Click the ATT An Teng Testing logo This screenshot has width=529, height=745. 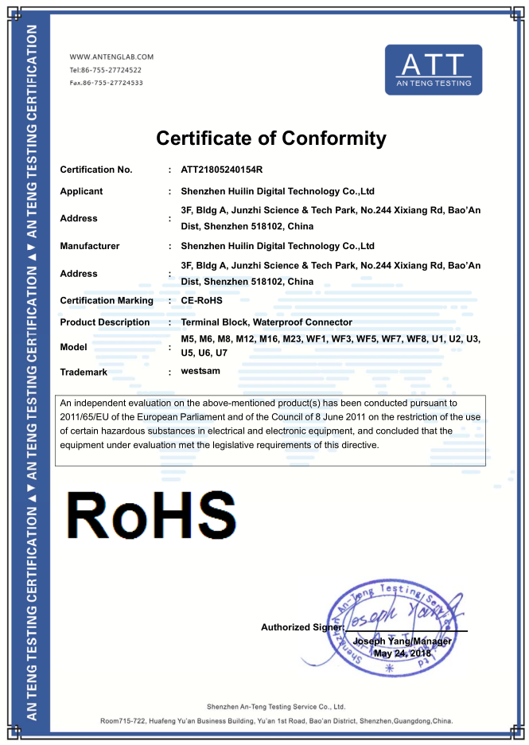click(433, 70)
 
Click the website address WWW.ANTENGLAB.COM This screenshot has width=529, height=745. click(111, 57)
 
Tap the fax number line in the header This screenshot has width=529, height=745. click(107, 82)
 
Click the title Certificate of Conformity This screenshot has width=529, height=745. click(271, 138)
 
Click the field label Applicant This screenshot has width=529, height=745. click(81, 191)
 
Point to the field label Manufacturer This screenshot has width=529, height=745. click(90, 246)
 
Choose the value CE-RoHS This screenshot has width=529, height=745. click(200, 301)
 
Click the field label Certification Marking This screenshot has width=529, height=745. click(107, 301)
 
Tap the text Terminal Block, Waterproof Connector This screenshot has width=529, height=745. click(266, 322)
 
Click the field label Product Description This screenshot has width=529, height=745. click(105, 322)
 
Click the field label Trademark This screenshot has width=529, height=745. click(84, 372)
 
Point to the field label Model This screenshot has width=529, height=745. click(74, 347)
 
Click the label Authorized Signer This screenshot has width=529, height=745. click(301, 627)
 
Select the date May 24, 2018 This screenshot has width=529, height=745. click(402, 653)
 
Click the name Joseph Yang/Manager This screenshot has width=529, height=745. click(403, 642)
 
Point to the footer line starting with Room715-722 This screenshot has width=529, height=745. click(276, 721)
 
